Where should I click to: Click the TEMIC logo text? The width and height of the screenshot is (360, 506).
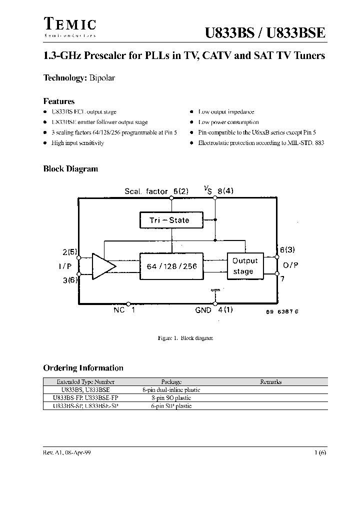[x=69, y=24]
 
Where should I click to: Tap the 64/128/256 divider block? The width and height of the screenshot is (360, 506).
[x=171, y=266]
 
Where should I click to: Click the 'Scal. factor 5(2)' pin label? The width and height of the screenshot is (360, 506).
[x=156, y=191]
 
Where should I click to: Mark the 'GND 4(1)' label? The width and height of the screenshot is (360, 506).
[x=214, y=310]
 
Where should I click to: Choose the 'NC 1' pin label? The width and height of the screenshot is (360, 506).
[x=124, y=310]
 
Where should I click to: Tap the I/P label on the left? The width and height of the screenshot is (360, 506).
[x=65, y=266]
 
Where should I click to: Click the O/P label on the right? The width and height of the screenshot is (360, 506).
[x=290, y=265]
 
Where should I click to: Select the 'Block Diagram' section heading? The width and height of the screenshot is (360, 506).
[x=70, y=169]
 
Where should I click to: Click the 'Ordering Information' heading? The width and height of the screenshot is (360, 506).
[x=83, y=368]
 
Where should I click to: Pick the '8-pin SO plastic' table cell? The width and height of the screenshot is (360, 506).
[x=171, y=398]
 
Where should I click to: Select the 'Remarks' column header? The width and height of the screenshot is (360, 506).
[x=270, y=382]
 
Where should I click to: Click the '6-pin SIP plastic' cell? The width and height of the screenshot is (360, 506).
[x=171, y=406]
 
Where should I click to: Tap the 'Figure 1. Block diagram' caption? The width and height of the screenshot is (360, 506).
[x=185, y=338]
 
